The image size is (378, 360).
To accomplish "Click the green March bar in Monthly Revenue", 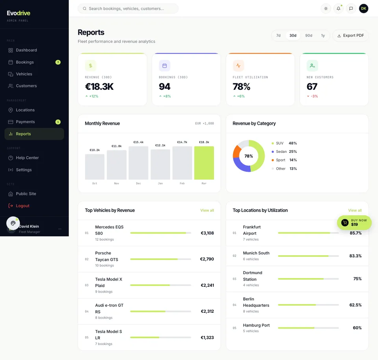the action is click(204, 163).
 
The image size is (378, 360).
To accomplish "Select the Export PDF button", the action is click(350, 35).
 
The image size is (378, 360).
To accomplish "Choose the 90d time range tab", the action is click(309, 35).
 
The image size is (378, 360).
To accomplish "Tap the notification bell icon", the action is click(339, 9).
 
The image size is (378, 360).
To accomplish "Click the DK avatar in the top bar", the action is click(363, 8).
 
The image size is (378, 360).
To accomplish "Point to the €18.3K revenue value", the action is click(99, 87).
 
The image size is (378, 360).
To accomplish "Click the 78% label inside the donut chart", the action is click(248, 156).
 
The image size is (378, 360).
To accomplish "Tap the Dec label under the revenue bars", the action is click(138, 184).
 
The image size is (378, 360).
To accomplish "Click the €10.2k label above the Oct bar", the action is click(94, 150).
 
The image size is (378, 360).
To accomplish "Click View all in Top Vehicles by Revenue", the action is click(207, 210).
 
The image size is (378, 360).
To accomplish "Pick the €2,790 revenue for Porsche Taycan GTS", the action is click(207, 259).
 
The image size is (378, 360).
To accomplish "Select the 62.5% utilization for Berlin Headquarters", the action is click(355, 305).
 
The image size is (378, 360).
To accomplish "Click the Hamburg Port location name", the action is click(256, 325).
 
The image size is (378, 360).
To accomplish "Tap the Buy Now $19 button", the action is click(354, 223).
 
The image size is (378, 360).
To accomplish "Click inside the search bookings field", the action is click(128, 9).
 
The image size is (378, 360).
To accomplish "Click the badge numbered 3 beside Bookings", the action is click(58, 62).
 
